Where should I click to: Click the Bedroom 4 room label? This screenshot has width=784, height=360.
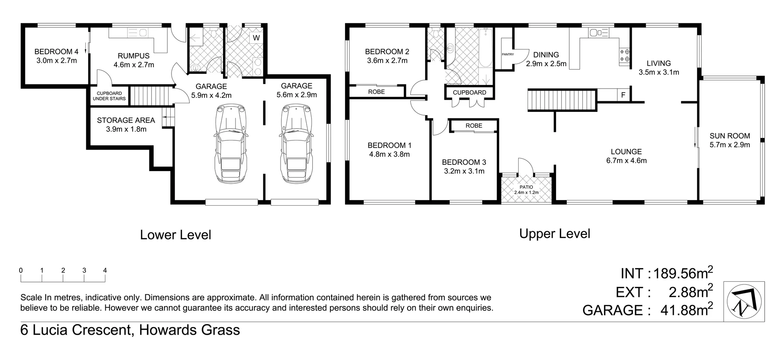pos(56,52)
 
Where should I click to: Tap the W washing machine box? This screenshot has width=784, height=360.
pos(256,38)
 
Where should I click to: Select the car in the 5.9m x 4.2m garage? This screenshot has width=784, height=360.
pos(232,144)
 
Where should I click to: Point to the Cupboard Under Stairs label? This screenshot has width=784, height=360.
pos(109,96)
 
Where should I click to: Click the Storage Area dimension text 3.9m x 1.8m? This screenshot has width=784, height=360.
pos(126,129)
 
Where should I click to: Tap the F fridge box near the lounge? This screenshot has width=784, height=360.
pos(623,95)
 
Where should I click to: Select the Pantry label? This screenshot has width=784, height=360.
pos(508,54)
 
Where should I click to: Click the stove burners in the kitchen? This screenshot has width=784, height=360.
pos(625,55)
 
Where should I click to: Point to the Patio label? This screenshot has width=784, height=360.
pos(526,187)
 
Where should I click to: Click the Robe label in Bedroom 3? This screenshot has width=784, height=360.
pos(474,126)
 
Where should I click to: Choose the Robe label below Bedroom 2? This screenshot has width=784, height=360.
pos(376,92)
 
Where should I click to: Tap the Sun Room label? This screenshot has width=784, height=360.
pos(730,136)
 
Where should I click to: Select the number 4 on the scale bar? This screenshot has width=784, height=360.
pos(105,271)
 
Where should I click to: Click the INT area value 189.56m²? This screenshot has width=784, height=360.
pos(683,273)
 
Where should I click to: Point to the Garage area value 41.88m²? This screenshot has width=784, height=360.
pos(686,310)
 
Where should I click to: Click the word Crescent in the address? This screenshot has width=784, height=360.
pos(103,330)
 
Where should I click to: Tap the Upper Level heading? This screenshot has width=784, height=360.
pos(555,234)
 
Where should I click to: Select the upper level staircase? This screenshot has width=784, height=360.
pos(561,101)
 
